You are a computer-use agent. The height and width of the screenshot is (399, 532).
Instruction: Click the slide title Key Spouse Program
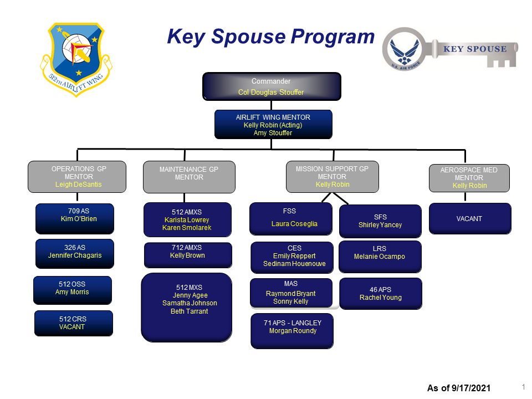271,37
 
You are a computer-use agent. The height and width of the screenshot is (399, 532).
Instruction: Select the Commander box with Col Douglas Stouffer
271,86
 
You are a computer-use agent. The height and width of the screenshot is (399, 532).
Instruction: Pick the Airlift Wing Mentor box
273,124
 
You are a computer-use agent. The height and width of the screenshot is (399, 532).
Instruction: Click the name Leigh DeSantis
79,185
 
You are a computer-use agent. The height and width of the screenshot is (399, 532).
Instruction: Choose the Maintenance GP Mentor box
188,177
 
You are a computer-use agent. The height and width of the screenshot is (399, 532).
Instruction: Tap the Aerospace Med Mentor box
469,178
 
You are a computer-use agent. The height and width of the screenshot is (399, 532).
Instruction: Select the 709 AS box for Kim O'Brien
74,218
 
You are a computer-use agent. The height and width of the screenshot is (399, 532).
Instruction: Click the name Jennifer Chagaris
75,255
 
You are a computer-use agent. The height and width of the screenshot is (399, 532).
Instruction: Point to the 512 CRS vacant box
73,323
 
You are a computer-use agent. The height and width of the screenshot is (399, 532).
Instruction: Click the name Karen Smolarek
187,228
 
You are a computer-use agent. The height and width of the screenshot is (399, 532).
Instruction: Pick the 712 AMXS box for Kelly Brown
188,255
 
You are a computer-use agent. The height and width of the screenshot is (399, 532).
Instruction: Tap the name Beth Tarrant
189,311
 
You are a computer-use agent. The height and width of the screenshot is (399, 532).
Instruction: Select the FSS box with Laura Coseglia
291,218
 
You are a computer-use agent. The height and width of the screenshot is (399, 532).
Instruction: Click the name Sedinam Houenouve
294,264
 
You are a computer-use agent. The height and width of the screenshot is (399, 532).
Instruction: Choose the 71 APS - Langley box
292,331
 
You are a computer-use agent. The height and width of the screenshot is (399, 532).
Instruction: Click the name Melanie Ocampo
380,257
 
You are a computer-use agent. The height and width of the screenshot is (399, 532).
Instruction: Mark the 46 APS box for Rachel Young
380,293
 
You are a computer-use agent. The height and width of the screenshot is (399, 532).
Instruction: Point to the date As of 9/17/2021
458,388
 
